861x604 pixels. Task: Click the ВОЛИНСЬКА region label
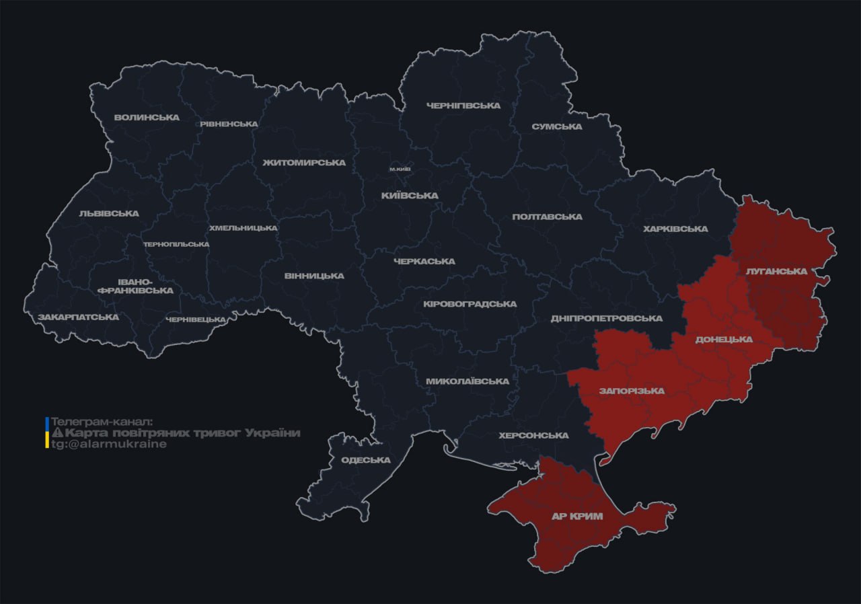point(147,117)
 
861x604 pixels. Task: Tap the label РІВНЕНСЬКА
point(229,124)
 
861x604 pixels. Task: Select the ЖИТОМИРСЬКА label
point(304,163)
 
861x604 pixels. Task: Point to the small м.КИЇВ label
point(400,169)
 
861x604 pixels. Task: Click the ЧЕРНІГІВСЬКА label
point(463,106)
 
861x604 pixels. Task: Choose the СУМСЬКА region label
point(556,126)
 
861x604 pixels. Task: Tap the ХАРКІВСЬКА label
point(675,229)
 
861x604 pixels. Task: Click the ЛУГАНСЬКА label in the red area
point(776,271)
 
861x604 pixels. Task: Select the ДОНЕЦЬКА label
point(724,339)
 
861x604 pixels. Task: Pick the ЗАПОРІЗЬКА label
point(632,391)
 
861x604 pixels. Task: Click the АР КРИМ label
point(577,516)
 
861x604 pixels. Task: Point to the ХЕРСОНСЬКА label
point(533,435)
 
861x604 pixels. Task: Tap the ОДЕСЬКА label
point(366,460)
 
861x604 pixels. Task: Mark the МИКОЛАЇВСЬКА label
point(467,381)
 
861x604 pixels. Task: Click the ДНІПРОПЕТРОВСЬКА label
point(606,318)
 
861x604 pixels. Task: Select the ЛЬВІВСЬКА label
point(109,213)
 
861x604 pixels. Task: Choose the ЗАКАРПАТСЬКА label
point(78,317)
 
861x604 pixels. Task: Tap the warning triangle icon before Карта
point(57,433)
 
